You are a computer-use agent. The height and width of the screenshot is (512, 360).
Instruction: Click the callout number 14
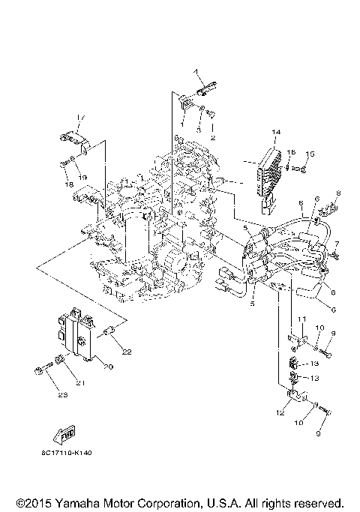click(275, 133)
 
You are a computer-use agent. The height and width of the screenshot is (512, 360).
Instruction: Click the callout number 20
click(107, 367)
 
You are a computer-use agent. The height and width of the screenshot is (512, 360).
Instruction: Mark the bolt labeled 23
click(39, 370)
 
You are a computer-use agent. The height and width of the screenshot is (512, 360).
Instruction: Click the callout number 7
click(337, 244)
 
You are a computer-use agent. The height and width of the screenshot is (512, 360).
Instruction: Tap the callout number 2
click(212, 139)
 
